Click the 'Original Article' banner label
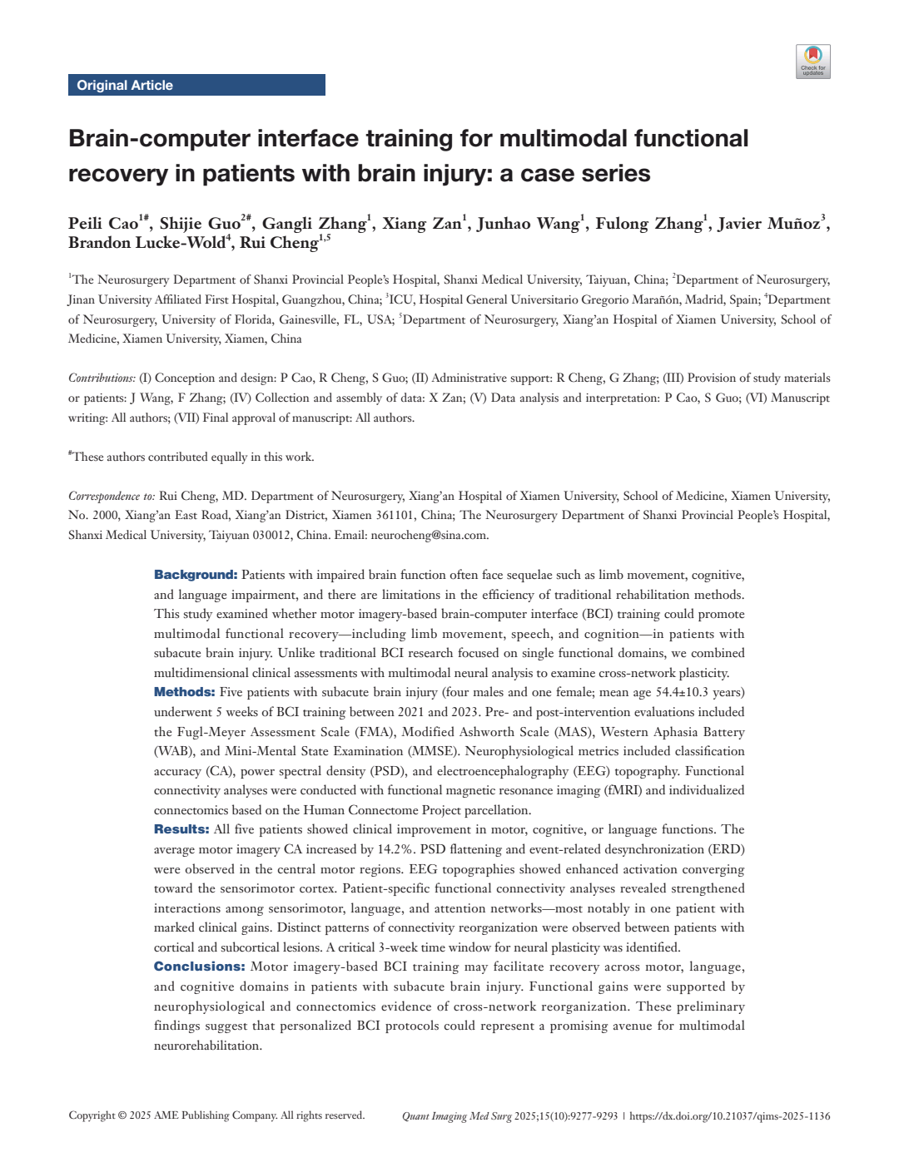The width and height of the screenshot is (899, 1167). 125,85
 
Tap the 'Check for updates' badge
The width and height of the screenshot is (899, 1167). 812,62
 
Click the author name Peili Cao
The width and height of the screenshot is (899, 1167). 103,224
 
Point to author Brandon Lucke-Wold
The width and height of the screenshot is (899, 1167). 147,243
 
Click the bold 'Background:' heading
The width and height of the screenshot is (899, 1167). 196,575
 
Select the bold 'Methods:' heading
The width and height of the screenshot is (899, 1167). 184,692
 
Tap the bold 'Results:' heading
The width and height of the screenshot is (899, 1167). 181,829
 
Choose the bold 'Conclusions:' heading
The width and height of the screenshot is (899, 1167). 199,967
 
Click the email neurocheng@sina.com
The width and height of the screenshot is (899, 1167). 429,535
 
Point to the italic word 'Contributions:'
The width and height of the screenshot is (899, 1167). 102,378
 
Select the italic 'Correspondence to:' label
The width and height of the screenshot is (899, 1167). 112,496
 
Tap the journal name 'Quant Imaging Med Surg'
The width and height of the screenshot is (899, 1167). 456,1116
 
